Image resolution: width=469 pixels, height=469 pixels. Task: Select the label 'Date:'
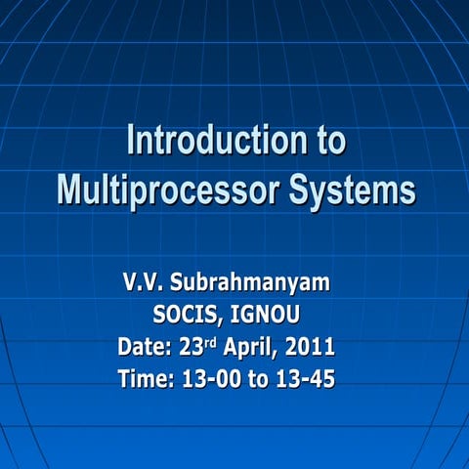[x=146, y=347]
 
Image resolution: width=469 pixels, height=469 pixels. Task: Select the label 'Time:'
[x=146, y=379]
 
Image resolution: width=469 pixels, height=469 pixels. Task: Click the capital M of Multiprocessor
[x=69, y=188]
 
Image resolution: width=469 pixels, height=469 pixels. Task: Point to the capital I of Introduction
[x=131, y=142]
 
